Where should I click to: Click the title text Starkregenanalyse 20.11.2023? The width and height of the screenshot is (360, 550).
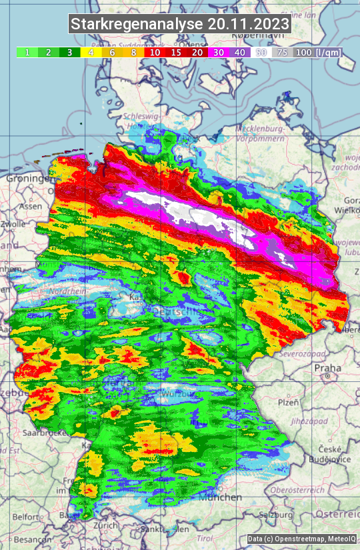point(180,25)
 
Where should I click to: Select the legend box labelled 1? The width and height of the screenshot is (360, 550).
point(27,52)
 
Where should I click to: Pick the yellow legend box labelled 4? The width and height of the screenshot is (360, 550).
point(89,52)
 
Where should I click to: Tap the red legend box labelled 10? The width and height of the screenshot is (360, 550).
point(155,52)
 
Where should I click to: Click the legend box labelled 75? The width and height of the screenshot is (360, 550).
point(283,52)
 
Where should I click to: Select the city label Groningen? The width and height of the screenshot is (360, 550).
point(29,179)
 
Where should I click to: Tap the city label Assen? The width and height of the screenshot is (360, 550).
point(29,207)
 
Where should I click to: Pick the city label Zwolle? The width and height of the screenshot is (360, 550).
point(12,225)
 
